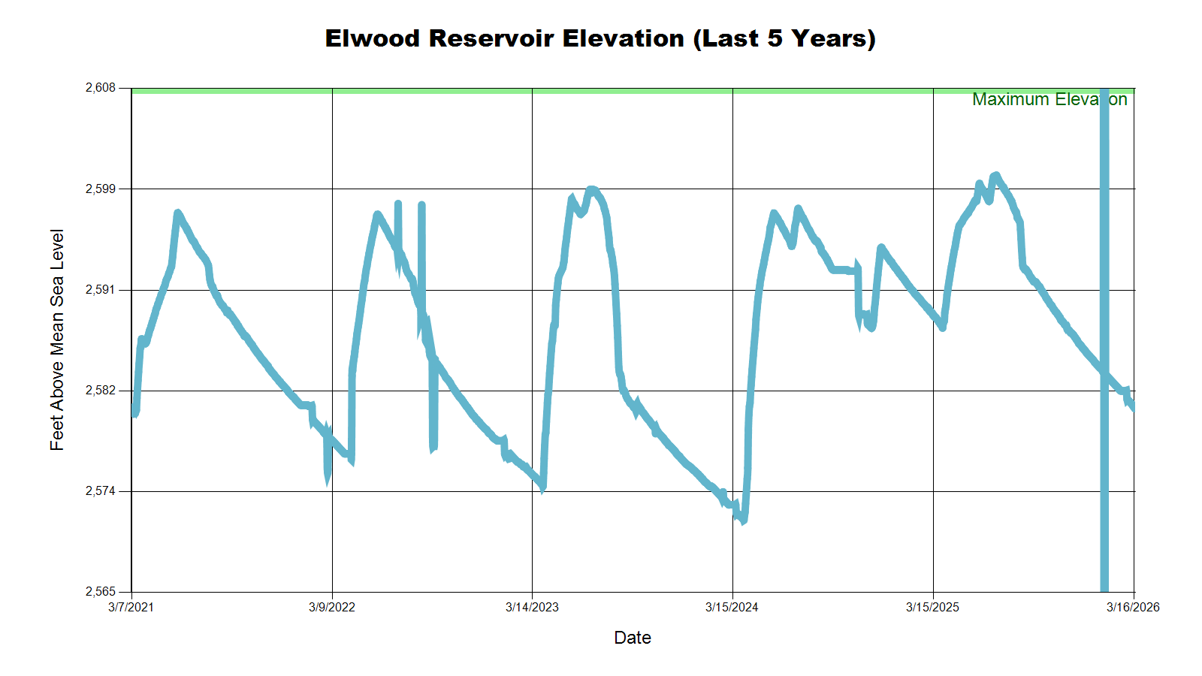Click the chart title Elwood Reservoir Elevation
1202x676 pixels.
(x=599, y=38)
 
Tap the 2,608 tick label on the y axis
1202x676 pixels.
(x=101, y=88)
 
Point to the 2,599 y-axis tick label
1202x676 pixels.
(x=101, y=189)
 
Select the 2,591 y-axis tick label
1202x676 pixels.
(x=101, y=290)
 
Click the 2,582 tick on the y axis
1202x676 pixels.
(x=101, y=391)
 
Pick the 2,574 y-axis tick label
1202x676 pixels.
(x=101, y=491)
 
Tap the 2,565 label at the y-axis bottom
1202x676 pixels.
(x=101, y=592)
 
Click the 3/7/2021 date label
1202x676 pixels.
(x=131, y=607)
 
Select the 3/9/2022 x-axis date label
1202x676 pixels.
(x=331, y=607)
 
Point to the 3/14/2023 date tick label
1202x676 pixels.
(x=532, y=607)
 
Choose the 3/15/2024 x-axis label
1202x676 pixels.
(x=732, y=607)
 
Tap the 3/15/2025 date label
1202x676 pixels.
(x=932, y=607)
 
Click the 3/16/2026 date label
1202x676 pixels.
(x=1133, y=607)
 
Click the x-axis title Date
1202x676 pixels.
(x=633, y=638)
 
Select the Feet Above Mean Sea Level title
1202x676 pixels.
(x=57, y=340)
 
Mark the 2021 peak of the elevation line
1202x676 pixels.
(x=177, y=213)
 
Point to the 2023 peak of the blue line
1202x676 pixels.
(x=592, y=189)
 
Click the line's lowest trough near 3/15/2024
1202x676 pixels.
(x=743, y=520)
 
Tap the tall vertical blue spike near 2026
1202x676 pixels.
(x=1104, y=338)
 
